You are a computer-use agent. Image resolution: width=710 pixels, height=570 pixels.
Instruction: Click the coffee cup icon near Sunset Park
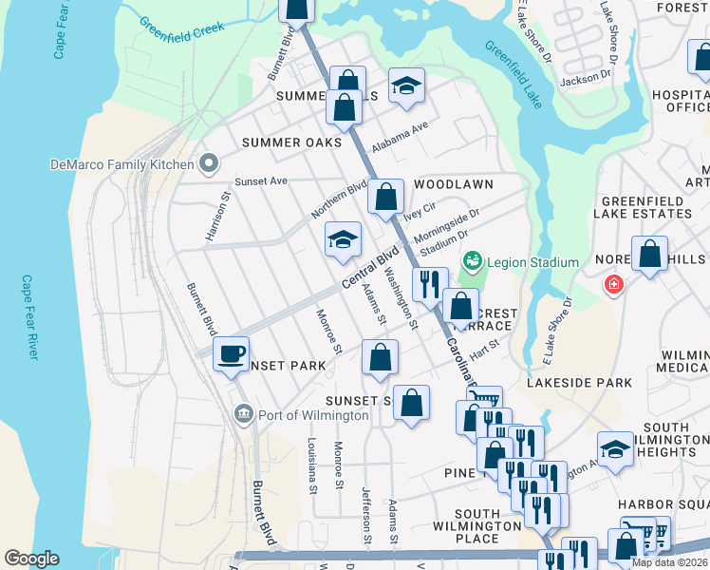[230, 354]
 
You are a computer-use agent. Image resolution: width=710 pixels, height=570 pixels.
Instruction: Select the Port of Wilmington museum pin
[244, 415]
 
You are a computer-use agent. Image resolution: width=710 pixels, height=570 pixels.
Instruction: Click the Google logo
[31, 559]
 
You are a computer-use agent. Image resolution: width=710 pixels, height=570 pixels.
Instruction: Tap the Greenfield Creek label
[181, 26]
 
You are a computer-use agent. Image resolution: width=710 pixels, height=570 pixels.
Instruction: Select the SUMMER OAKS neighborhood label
[290, 142]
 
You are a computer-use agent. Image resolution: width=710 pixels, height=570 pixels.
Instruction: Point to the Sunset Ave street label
[261, 180]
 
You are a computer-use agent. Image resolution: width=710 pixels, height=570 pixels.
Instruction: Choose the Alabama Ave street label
[400, 139]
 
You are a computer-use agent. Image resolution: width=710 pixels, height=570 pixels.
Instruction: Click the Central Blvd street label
[367, 271]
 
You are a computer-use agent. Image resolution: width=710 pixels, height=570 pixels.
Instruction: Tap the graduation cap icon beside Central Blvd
[343, 239]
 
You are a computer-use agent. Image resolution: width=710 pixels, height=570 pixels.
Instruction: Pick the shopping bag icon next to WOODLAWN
[385, 199]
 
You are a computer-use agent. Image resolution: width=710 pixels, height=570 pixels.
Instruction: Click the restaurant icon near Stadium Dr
[429, 282]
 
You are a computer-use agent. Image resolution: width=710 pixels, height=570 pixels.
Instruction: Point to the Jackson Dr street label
[585, 79]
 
